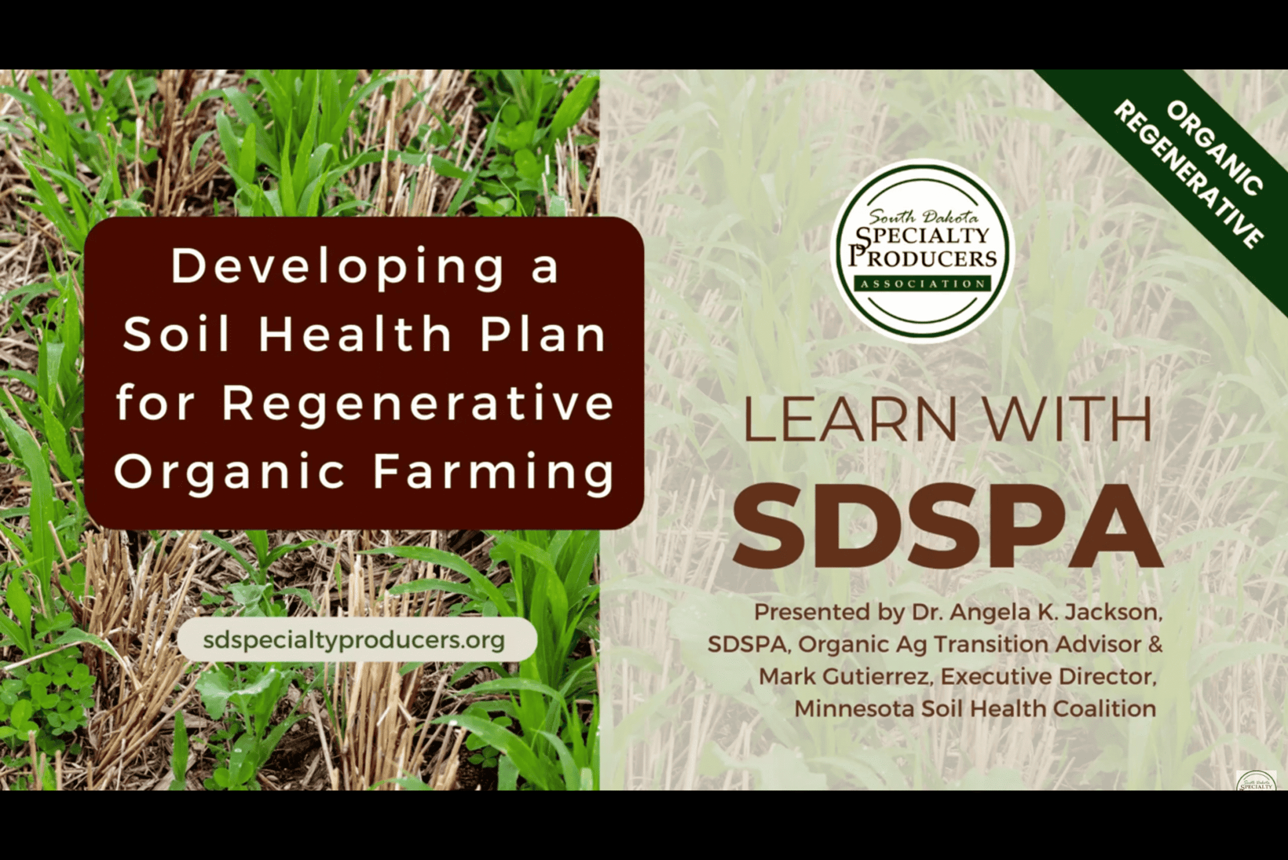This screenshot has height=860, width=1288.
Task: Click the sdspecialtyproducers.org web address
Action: (354, 640)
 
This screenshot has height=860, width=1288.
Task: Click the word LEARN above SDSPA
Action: (850, 419)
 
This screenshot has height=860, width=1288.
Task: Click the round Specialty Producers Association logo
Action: (923, 251)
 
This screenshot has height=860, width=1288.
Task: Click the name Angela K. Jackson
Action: (1056, 612)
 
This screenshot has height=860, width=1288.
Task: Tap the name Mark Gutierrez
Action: (845, 676)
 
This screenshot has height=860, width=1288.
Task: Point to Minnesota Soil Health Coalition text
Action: (975, 708)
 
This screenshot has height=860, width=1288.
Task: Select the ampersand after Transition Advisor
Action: (1155, 644)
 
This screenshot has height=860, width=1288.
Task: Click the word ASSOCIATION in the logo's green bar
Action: (922, 284)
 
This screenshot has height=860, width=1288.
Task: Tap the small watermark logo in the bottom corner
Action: (1256, 781)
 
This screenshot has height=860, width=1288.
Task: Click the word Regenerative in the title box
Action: (418, 403)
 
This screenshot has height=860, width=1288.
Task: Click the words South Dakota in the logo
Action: (923, 216)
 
